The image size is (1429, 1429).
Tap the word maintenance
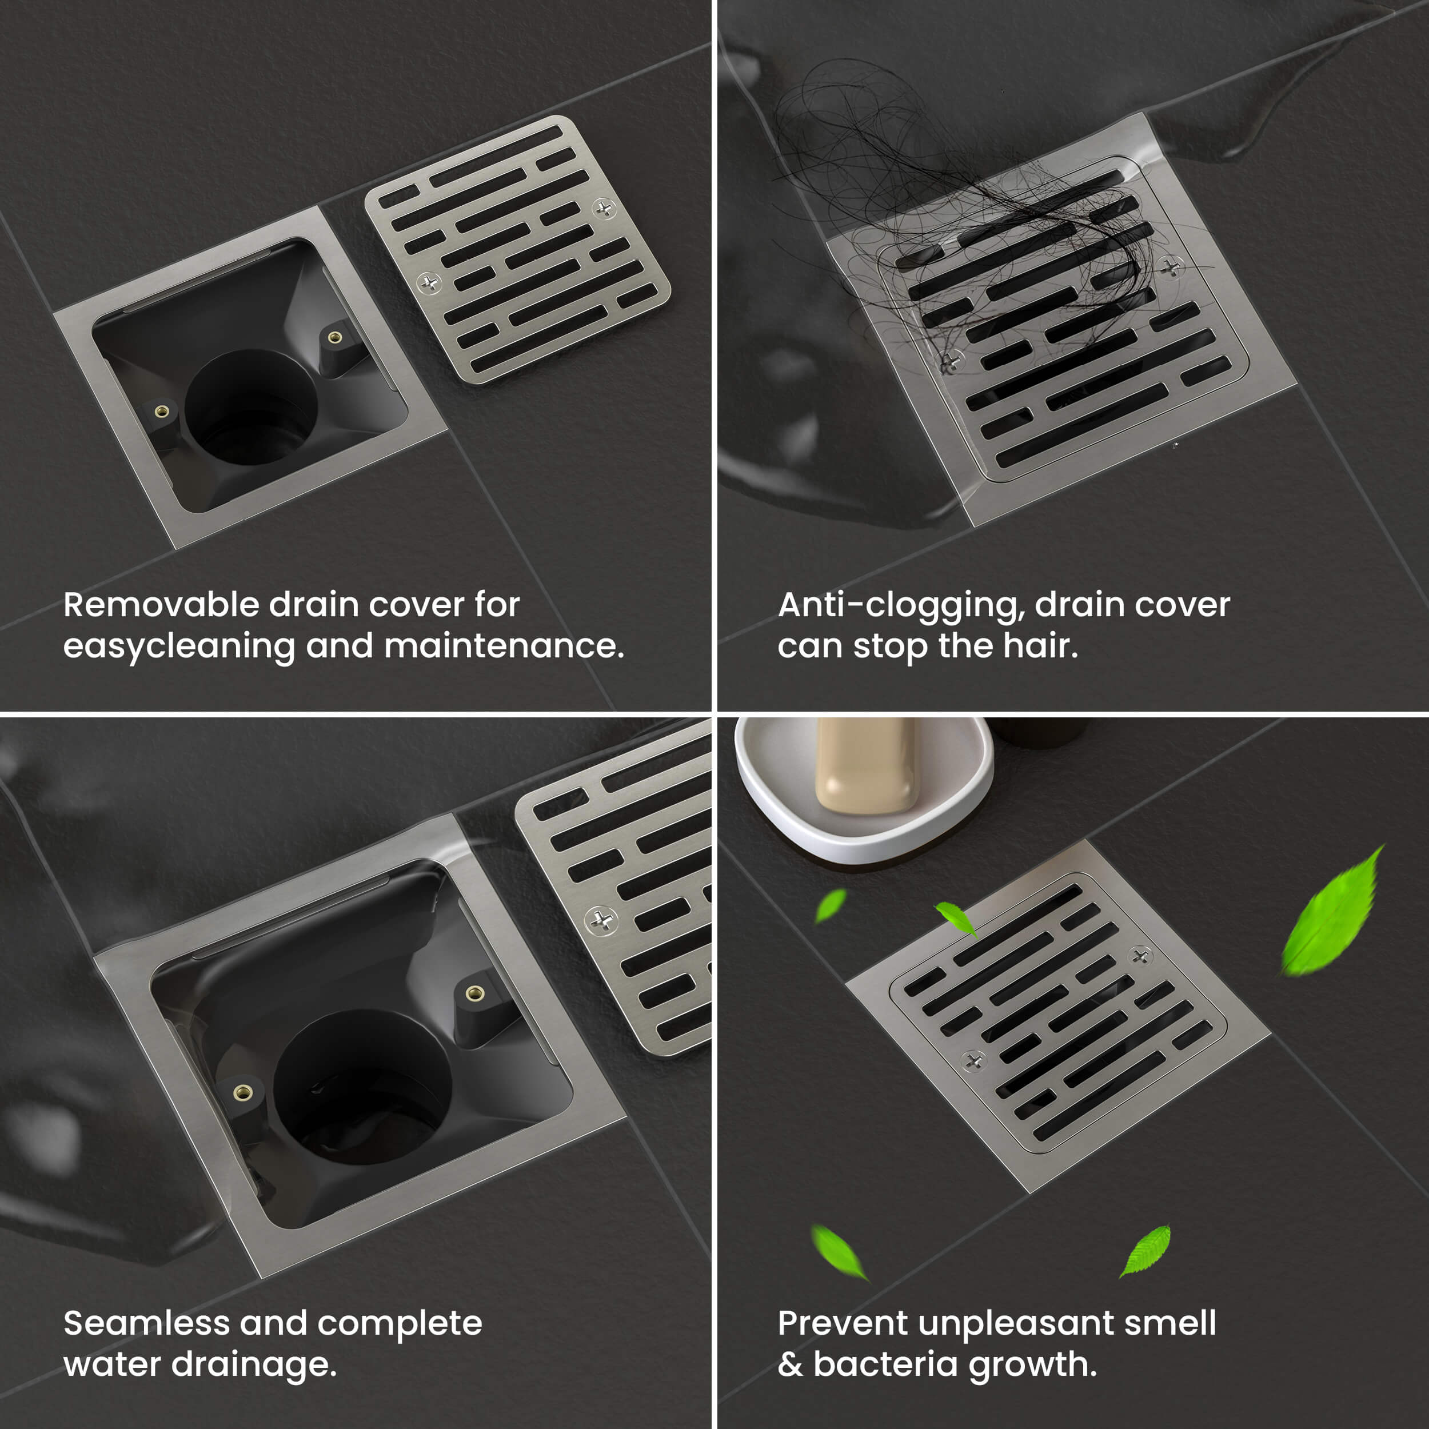click(505, 646)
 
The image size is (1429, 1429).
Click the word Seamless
click(146, 1323)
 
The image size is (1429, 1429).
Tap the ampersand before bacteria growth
click(791, 1364)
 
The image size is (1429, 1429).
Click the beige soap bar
click(866, 765)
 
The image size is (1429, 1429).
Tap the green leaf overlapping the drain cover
click(956, 918)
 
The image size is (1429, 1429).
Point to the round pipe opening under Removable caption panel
click(252, 407)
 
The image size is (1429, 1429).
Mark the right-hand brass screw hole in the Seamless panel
click(474, 993)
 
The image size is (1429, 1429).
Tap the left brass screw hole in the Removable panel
click(161, 411)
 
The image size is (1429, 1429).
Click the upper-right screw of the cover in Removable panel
click(604, 209)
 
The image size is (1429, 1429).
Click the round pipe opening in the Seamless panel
click(362, 1087)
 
